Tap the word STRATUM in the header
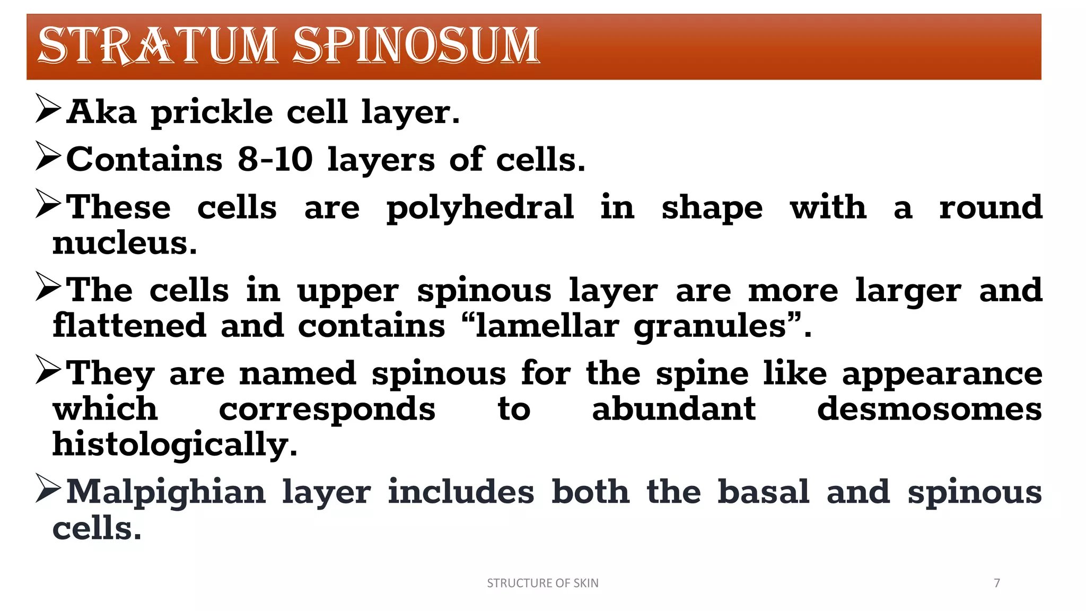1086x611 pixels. click(x=157, y=46)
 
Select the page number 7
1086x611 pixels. click(x=997, y=583)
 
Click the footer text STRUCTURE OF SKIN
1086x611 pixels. click(x=542, y=583)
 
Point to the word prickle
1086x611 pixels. click(x=212, y=113)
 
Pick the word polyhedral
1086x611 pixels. click(x=480, y=208)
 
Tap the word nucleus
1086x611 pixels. click(x=125, y=243)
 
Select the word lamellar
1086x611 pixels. click(x=547, y=326)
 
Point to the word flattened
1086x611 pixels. click(x=129, y=326)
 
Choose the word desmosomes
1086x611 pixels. click(x=929, y=409)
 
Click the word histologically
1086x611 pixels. click(x=174, y=445)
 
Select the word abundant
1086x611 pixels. click(x=673, y=409)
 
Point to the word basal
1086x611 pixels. click(x=763, y=492)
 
